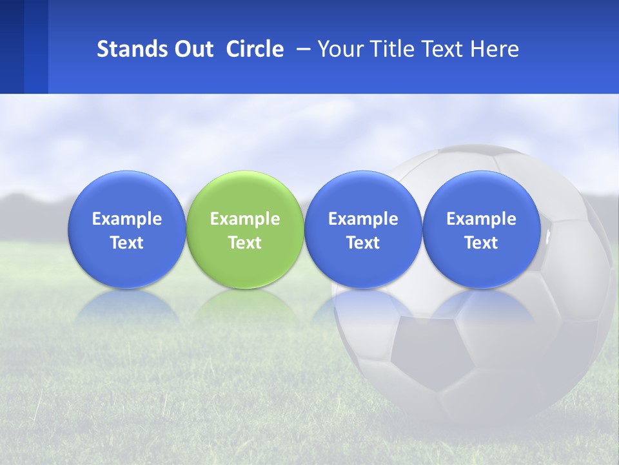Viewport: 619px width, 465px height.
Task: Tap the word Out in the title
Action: pos(193,49)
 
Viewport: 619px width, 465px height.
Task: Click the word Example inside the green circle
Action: pos(245,219)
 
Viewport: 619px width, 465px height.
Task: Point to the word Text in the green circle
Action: pos(245,243)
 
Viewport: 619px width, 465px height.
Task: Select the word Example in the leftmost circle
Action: pos(126,219)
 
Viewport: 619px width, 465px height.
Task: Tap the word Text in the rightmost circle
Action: pos(482,243)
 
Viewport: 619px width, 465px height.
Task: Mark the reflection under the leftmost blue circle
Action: pos(126,307)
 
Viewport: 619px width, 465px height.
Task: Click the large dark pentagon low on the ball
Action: pos(430,352)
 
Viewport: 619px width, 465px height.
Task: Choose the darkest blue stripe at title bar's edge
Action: pos(12,46)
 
